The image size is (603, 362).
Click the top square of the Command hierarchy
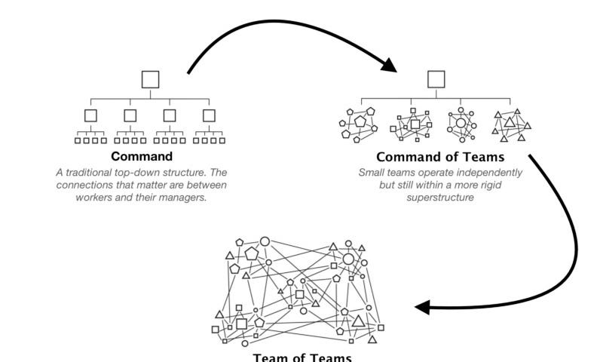(x=151, y=79)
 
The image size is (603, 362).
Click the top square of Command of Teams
(x=436, y=79)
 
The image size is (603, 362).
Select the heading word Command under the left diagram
(x=142, y=157)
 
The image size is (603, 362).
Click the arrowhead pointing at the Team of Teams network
(x=423, y=308)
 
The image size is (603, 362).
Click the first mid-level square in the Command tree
(x=91, y=115)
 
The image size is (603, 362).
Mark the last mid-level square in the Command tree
(x=210, y=115)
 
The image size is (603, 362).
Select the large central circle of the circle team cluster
(x=461, y=123)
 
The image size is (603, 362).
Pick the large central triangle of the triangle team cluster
(x=510, y=123)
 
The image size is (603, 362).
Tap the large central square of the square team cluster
(x=415, y=124)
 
